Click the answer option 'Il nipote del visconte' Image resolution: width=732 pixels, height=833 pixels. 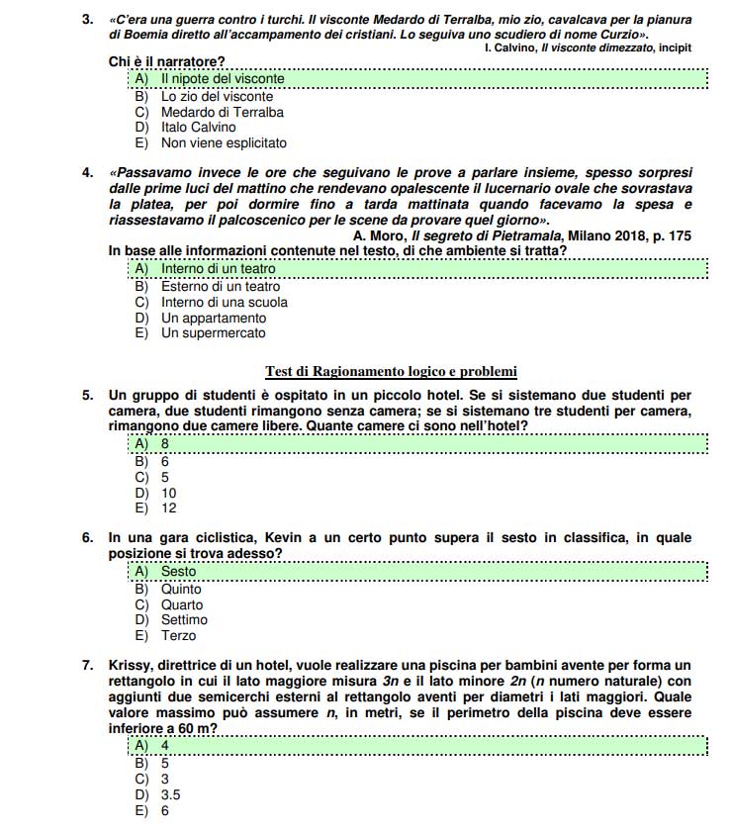223,78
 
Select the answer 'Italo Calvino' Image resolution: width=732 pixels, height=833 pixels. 198,127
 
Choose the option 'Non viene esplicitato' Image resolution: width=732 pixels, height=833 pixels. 224,142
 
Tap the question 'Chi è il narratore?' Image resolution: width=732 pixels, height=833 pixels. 166,62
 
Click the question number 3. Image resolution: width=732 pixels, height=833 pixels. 88,19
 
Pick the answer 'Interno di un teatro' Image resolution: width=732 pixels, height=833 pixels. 218,268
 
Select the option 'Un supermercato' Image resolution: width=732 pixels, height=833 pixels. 213,333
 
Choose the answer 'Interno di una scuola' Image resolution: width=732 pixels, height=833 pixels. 225,302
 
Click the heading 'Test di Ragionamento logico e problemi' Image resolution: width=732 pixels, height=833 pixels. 391,372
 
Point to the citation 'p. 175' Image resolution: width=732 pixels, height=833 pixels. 669,235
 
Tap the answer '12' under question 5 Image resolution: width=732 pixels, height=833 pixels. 169,508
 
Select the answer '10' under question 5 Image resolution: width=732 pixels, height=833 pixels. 169,493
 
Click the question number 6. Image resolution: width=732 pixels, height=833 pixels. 88,538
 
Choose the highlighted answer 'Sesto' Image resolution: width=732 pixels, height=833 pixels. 179,571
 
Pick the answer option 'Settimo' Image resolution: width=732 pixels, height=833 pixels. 184,620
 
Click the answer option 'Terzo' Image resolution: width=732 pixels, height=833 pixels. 179,635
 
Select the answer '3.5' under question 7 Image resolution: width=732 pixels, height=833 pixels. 171,793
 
